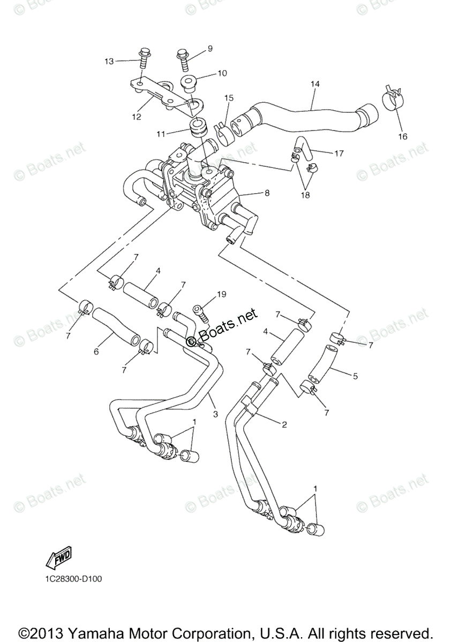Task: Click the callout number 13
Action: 109,62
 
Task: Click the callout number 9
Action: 210,48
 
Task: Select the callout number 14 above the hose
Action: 314,84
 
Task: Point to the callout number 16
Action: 402,136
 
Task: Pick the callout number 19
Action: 222,295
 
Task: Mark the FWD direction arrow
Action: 58,558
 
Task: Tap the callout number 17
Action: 339,154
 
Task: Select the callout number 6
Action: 96,351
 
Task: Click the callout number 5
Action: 355,376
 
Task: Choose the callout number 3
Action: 215,414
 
